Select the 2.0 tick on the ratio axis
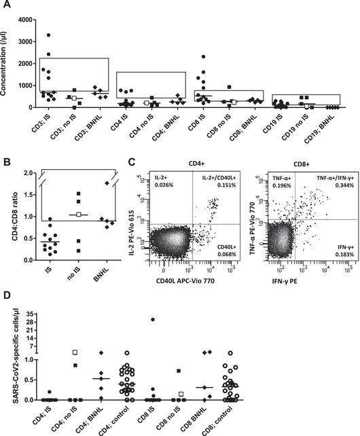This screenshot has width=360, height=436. [x=25, y=173]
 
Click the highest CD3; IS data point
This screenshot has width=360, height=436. [x=49, y=35]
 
